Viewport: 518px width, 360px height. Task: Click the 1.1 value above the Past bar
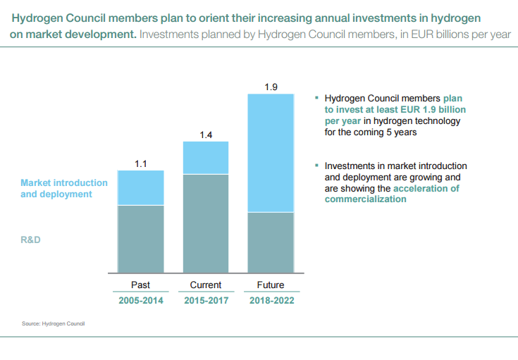[x=140, y=163]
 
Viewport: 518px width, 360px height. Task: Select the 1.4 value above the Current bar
[x=206, y=135]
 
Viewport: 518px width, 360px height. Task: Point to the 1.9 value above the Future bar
[x=271, y=87]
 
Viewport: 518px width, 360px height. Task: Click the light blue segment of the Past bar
[x=140, y=187]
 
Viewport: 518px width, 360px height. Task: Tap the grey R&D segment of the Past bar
[x=140, y=239]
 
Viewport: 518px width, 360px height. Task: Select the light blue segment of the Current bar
[x=206, y=158]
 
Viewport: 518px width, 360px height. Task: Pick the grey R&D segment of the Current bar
[x=206, y=223]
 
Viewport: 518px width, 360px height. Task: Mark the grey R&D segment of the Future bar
[x=271, y=242]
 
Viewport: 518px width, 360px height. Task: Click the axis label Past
[x=140, y=285]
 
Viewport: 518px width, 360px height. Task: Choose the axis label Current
[x=206, y=285]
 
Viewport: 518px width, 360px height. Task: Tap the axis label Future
[x=271, y=285]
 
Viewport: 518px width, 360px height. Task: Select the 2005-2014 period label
[x=140, y=301]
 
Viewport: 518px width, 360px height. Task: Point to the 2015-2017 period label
[x=206, y=301]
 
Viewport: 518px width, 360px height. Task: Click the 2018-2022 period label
[x=271, y=301]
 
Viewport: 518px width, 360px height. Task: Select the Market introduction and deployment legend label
[x=63, y=188]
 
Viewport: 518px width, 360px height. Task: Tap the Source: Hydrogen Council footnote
[x=53, y=323]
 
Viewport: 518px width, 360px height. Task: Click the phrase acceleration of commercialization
[x=391, y=194]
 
